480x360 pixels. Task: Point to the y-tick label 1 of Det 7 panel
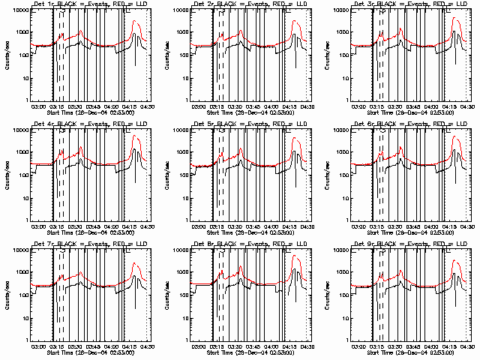click(26, 340)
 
